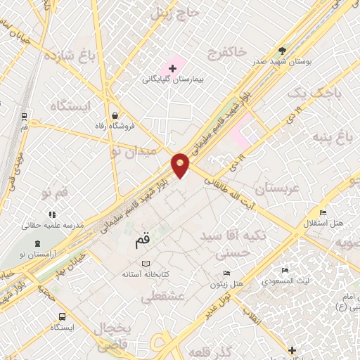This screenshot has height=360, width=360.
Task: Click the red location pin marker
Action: (181, 165)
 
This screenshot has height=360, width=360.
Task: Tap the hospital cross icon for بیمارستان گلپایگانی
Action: (172, 68)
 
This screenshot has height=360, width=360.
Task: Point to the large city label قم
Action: (141, 241)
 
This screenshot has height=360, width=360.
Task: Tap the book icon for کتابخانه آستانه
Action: (146, 263)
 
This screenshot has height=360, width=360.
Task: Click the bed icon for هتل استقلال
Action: (323, 213)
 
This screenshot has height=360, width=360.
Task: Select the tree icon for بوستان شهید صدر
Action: (282, 51)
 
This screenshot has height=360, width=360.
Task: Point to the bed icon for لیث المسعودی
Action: (285, 270)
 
